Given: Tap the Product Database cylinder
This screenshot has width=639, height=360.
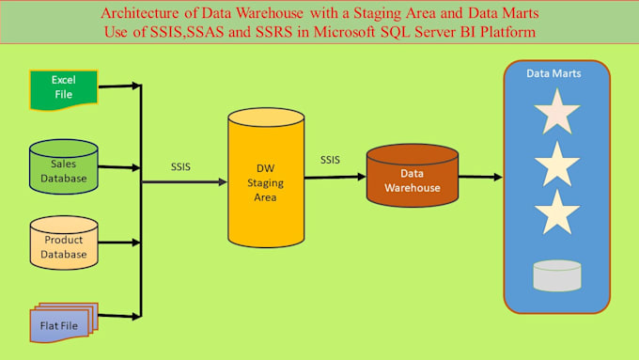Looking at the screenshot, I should tap(64, 243).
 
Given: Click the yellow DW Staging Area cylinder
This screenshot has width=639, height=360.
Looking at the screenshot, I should tap(266, 180).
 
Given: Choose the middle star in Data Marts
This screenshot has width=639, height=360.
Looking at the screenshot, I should tap(556, 164).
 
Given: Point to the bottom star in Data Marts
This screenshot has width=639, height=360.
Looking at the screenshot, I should tap(556, 212).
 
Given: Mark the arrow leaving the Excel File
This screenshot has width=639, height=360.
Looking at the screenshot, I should tap(118, 87).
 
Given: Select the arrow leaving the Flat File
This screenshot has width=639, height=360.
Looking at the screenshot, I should tap(118, 316).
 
